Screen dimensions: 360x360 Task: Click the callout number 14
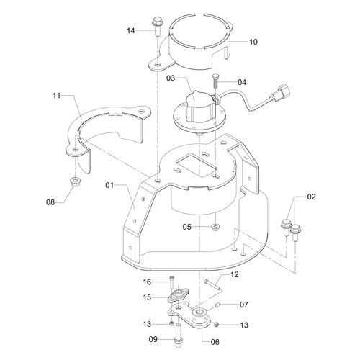pos(131,31)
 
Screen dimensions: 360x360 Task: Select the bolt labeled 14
pos(158,27)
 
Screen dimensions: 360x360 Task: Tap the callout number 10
pos(253,42)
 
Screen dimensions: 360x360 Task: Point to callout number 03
pos(171,78)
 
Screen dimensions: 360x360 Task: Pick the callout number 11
pos(56,96)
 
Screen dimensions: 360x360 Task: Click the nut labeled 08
pos(76,181)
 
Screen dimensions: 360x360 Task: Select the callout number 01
pos(109,185)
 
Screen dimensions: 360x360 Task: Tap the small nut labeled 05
pos(215,227)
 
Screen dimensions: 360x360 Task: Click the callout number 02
pos(311,197)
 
